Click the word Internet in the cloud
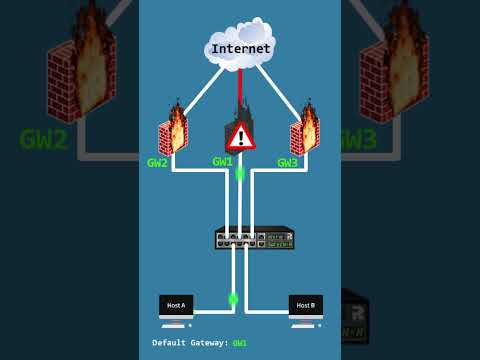pyautogui.click(x=240, y=48)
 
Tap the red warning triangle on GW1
pyautogui.click(x=240, y=137)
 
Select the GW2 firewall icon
pyautogui.click(x=173, y=132)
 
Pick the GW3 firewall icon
pyautogui.click(x=304, y=132)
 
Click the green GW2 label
pyautogui.click(x=157, y=163)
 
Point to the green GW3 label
pyautogui.click(x=287, y=163)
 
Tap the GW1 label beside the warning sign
pyautogui.click(x=222, y=161)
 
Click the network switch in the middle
pyautogui.click(x=254, y=238)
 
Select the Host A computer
pyautogui.click(x=176, y=309)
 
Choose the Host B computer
pyautogui.click(x=305, y=309)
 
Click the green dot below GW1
pyautogui.click(x=240, y=174)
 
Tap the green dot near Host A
pyautogui.click(x=233, y=298)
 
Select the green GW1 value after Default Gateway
pyautogui.click(x=240, y=343)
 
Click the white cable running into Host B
pyautogui.click(x=268, y=311)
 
